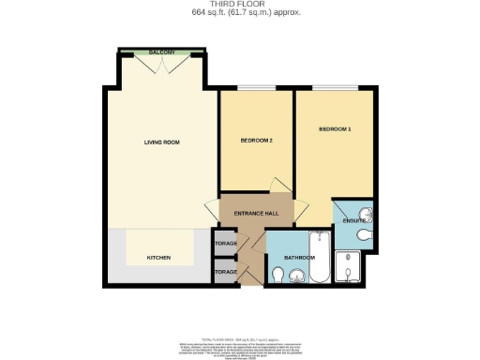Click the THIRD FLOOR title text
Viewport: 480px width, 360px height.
click(x=239, y=4)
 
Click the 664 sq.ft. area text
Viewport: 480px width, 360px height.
click(x=239, y=13)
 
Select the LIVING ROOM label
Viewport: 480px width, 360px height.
click(x=161, y=142)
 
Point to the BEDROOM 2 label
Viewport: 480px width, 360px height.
click(x=256, y=141)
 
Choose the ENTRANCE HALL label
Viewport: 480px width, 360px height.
click(x=256, y=214)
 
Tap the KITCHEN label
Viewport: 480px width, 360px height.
click(x=157, y=257)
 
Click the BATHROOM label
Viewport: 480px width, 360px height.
click(x=299, y=257)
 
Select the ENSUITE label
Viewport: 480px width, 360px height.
click(x=353, y=221)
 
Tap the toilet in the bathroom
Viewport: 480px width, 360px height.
click(x=277, y=275)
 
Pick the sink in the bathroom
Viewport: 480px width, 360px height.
click(x=298, y=276)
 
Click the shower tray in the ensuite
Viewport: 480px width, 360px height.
click(x=354, y=268)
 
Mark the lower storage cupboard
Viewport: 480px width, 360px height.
click(x=225, y=273)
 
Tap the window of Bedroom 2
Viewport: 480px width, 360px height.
click(x=256, y=89)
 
